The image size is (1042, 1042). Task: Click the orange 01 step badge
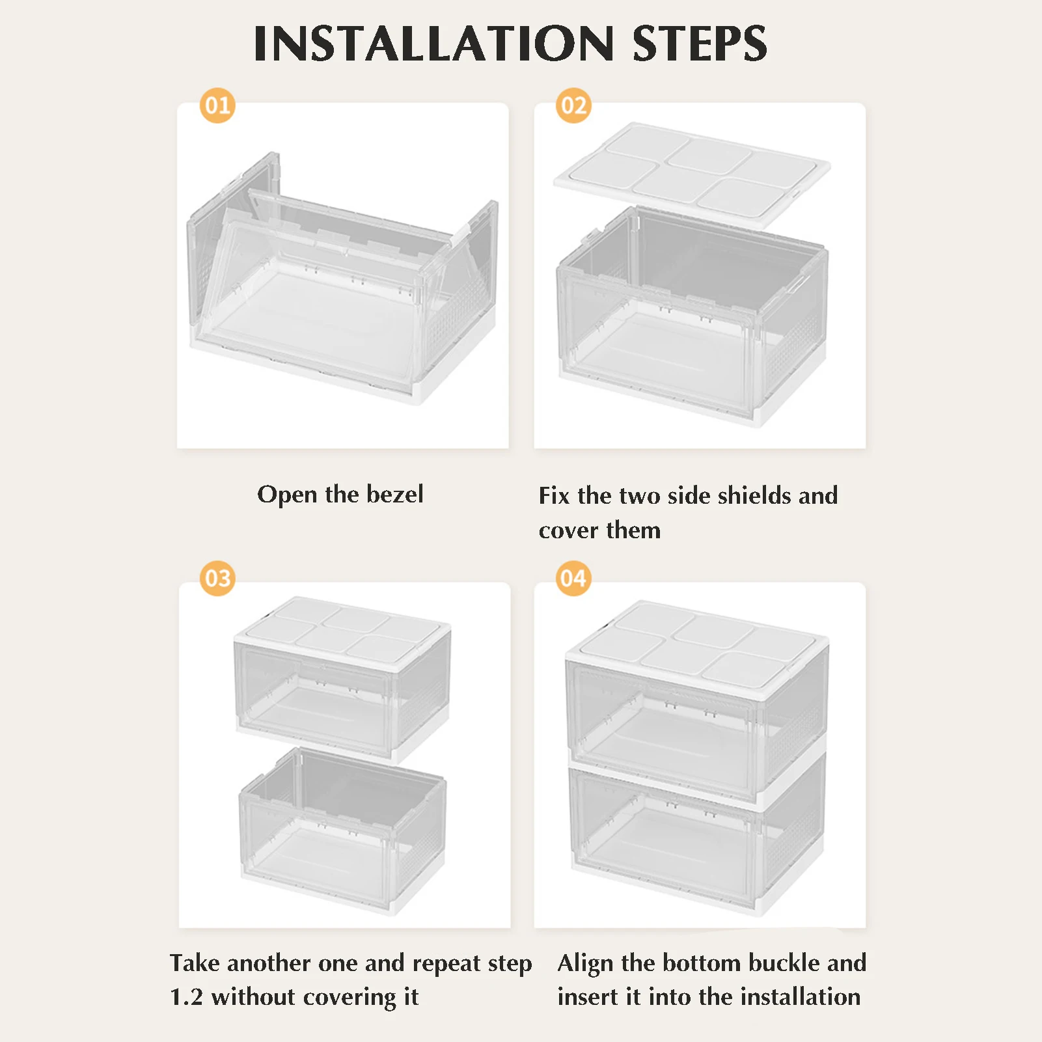[217, 105]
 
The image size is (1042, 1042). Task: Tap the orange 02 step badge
[573, 105]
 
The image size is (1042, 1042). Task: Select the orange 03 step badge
[217, 578]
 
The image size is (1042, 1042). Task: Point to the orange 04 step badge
[573, 578]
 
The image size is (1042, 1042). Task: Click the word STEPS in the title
[700, 44]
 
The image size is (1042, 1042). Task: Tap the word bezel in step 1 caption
[395, 494]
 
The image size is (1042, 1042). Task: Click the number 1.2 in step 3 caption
[186, 996]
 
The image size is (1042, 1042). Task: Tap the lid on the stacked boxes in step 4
[697, 645]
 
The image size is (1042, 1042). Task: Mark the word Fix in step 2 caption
[553, 495]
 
